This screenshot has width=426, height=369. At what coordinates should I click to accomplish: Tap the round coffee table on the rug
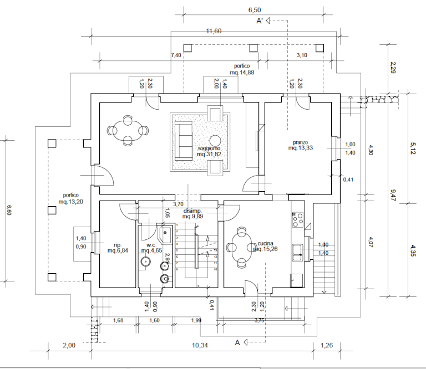tap(215, 141)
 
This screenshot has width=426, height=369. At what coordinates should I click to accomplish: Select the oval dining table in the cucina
tap(241, 247)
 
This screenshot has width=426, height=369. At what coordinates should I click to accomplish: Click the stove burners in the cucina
tap(298, 219)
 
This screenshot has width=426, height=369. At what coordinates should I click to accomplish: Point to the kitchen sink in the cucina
tap(297, 252)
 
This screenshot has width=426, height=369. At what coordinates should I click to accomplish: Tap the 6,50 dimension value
tap(255, 10)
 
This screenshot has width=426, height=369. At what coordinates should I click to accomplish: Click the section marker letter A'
tap(259, 22)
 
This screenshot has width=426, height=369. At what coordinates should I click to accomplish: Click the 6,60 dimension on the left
tap(8, 211)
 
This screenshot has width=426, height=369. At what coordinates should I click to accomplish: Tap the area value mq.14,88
tap(242, 73)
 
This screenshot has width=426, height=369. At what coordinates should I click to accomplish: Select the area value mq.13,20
tap(71, 202)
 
